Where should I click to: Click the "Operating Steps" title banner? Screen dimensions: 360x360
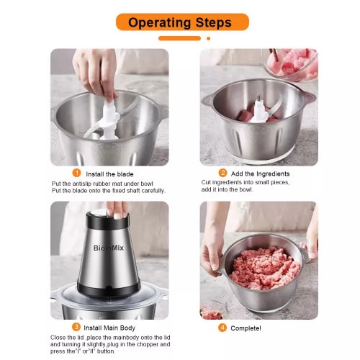(182, 22)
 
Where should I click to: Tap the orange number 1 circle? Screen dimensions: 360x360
(76, 173)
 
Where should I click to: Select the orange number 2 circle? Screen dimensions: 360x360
(222, 173)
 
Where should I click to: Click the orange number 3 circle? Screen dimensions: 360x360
(76, 327)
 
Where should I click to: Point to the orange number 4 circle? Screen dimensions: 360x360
(222, 328)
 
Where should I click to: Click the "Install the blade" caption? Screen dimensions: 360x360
(109, 174)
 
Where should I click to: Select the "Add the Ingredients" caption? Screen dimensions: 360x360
(261, 174)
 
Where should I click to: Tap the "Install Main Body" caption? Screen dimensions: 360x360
(109, 328)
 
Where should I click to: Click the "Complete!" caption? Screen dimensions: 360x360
(246, 328)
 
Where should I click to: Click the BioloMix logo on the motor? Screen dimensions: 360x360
(109, 248)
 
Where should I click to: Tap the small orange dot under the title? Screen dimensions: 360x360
(209, 38)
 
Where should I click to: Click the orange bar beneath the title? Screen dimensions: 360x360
(179, 38)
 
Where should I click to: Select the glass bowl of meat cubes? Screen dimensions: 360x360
(291, 63)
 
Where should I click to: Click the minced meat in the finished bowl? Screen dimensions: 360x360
(265, 267)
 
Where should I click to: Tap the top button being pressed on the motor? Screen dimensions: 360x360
(99, 212)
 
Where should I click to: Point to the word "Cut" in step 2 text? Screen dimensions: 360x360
(206, 182)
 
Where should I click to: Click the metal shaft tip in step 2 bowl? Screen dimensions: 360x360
(258, 98)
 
